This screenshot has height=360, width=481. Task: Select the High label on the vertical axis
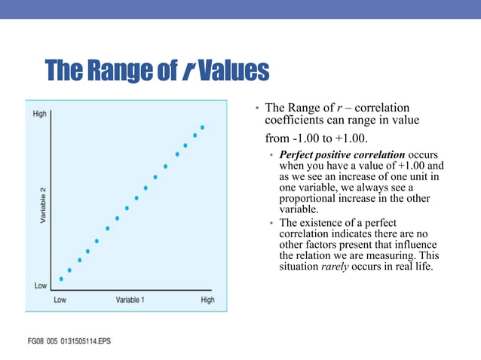pos(40,114)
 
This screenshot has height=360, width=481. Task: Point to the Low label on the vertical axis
pos(40,286)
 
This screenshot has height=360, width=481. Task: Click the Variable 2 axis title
pos(43,203)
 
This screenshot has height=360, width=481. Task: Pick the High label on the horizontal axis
pos(207,300)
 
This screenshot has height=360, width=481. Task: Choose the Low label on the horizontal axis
pos(60,300)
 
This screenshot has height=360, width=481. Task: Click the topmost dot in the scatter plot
pos(202,127)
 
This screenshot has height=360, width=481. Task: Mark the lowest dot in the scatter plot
pos(61,279)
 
